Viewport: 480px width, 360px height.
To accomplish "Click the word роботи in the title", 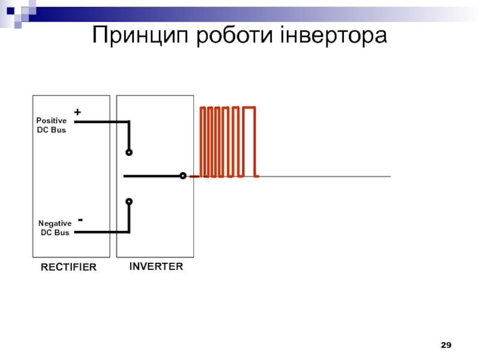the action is coord(234,35).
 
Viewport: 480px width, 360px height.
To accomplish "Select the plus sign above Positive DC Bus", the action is coord(77,112).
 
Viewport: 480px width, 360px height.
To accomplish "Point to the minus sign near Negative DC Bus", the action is coord(80,220).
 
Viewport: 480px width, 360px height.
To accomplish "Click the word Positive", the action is coord(52,121).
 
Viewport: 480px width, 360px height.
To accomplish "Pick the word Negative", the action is coord(55,223).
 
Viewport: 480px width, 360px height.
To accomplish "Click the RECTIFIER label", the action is coord(68,267).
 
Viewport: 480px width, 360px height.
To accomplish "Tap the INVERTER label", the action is coord(156,266).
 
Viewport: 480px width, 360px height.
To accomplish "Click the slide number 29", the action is coord(446,345).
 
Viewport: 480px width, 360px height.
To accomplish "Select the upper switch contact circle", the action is coord(129,152).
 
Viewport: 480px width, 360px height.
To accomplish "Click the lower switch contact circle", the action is coord(129,202).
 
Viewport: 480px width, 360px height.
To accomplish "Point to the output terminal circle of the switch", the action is coord(183,176).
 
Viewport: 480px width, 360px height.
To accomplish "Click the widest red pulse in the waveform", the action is coord(249,107).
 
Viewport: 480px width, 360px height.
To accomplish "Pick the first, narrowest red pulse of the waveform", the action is coord(202,107).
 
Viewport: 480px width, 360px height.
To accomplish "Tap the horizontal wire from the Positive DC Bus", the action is coord(101,122).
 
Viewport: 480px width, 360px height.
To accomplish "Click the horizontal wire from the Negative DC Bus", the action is coord(101,232).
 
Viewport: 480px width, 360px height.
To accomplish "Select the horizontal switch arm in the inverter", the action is coord(152,176).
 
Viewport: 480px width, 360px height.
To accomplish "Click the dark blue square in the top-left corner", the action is coord(10,11).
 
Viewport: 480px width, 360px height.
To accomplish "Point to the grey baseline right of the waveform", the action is coord(325,176).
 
